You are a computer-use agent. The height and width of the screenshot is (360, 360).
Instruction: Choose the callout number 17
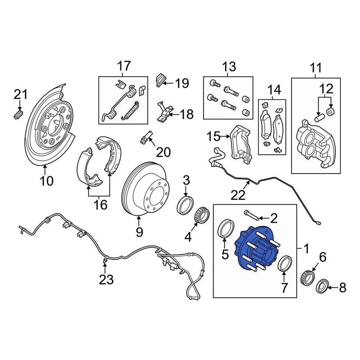(124, 66)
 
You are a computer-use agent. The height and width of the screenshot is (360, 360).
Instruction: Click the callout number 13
(229, 67)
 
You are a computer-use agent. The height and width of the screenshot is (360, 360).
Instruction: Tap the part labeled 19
(160, 79)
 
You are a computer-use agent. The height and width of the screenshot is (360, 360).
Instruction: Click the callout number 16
(100, 205)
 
